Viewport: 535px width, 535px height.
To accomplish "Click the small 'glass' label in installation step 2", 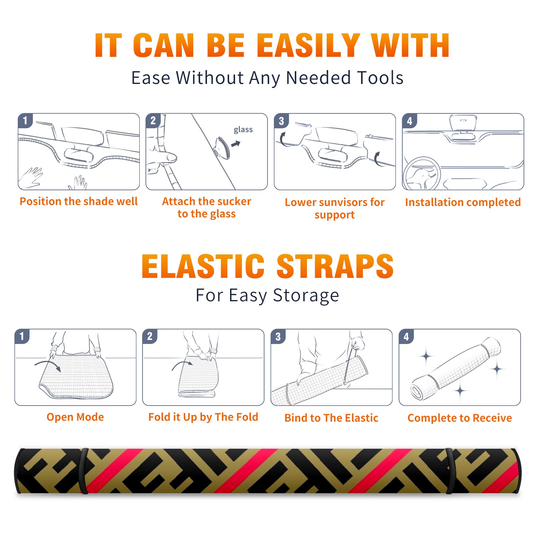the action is (243, 130).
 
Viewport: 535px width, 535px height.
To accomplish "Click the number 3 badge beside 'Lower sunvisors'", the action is (281, 121).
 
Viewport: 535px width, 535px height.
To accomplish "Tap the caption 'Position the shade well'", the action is (79, 201).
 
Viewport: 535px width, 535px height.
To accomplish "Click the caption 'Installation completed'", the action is (463, 202).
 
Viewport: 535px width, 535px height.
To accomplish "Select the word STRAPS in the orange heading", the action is (335, 266).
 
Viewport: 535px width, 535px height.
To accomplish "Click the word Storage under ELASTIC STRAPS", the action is (306, 296).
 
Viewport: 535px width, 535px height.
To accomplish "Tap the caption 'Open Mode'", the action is (75, 417).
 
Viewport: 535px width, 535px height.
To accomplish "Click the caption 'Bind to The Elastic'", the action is (331, 418).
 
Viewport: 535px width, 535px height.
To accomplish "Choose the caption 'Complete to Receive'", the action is (460, 418).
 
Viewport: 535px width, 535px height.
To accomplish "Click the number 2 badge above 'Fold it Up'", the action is (150, 336).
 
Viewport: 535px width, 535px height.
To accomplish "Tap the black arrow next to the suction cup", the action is (236, 144).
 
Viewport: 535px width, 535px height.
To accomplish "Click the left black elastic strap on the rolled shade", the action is (84, 471).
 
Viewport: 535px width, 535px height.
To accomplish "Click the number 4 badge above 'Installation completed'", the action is (410, 121).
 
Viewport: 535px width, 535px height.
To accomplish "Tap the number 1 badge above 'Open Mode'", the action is (22, 336).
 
